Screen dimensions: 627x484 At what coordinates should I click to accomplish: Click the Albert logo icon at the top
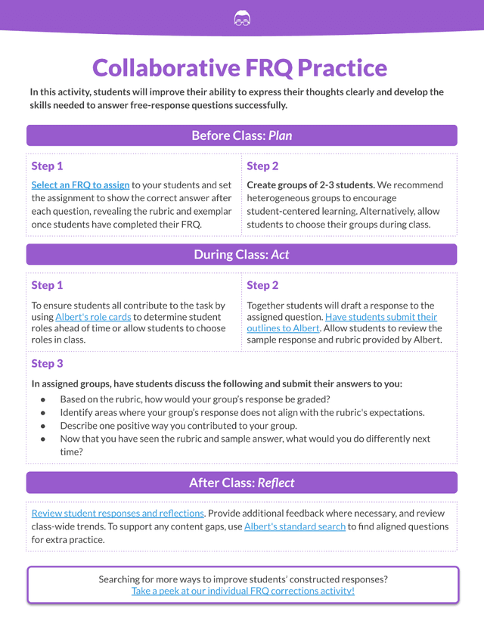[x=242, y=19]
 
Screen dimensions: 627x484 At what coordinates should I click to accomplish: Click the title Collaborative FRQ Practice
[x=240, y=68]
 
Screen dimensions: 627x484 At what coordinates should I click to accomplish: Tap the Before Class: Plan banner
[x=242, y=135]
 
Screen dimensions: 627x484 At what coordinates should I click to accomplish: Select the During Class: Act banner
[x=242, y=254]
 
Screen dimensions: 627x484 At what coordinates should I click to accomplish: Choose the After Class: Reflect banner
[x=242, y=483]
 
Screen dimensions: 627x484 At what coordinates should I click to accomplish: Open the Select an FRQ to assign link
[x=80, y=185]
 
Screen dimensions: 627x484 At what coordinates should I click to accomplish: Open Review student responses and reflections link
[x=117, y=513]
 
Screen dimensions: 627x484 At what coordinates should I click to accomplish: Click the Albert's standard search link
[x=295, y=526]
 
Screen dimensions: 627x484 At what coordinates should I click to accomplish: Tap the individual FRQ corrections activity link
[x=243, y=591]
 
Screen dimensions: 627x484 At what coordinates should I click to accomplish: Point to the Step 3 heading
[x=47, y=364]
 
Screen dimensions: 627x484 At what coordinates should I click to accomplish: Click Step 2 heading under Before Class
[x=262, y=166]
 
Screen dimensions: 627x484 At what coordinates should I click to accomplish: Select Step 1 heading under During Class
[x=47, y=285]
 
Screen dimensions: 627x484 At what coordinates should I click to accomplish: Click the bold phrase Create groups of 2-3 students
[x=311, y=185]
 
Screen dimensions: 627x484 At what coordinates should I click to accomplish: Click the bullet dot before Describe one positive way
[x=44, y=426]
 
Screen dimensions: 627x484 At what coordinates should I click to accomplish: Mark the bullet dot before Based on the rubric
[x=44, y=399]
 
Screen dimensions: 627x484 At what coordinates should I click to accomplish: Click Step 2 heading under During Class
[x=262, y=285]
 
